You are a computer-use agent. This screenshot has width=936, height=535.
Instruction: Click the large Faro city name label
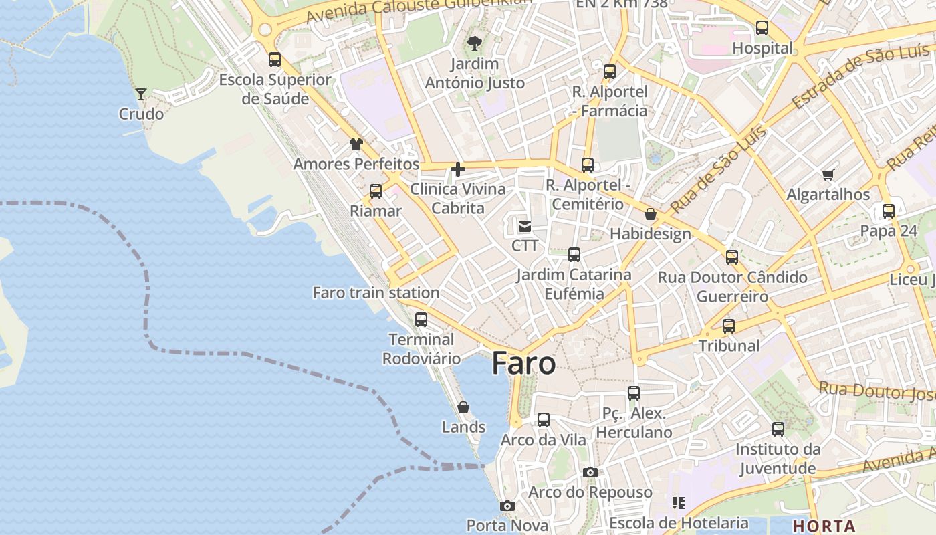click(x=523, y=363)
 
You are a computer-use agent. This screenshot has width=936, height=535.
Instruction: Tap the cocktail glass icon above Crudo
click(x=141, y=94)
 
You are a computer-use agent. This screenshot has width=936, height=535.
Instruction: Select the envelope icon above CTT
click(x=525, y=227)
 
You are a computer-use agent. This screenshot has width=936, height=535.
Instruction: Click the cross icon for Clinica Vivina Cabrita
click(x=458, y=169)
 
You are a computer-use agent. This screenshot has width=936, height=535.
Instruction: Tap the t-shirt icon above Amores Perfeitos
click(x=356, y=144)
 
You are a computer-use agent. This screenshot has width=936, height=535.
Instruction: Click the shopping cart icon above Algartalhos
click(x=828, y=175)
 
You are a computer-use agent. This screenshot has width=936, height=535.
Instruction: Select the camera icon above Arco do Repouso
click(x=590, y=472)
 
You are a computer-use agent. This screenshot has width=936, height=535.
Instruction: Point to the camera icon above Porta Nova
click(x=507, y=506)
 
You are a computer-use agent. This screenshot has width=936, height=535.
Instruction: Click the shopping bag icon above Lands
click(x=463, y=407)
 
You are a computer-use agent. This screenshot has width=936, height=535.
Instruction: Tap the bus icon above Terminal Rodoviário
click(x=421, y=320)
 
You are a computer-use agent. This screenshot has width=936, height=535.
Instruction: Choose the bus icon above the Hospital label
click(x=762, y=28)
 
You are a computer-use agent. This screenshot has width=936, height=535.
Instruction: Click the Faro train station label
click(x=376, y=292)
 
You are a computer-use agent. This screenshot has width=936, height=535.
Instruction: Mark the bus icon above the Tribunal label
click(x=729, y=326)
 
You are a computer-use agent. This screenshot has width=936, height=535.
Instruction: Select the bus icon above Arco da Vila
click(x=544, y=420)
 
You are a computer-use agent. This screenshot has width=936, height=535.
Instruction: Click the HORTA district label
click(x=824, y=526)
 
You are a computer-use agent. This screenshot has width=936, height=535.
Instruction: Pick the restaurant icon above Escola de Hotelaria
click(x=679, y=502)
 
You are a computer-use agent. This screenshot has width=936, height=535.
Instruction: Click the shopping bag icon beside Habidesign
click(x=650, y=214)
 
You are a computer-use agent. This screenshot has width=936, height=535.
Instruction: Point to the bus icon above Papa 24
click(x=888, y=211)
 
